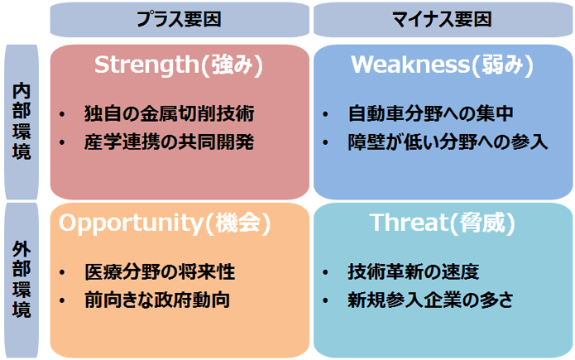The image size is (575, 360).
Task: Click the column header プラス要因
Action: point(179,19)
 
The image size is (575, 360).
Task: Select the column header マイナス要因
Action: point(442,19)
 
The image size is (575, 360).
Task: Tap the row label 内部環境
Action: point(22,122)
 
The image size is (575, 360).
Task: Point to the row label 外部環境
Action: point(22,280)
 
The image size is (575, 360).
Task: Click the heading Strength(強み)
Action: point(179,65)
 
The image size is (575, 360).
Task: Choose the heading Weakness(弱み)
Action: point(443,65)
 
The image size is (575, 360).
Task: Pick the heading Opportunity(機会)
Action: point(165,223)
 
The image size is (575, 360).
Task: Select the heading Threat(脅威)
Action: point(443,223)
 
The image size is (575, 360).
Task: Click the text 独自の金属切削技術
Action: point(169,113)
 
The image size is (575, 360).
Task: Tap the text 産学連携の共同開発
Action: point(169,142)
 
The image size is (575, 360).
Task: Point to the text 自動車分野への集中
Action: point(430,113)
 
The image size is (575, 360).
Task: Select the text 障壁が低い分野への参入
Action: point(448,142)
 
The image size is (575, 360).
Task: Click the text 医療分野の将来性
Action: point(160,272)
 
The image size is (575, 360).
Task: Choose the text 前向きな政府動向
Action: point(157,300)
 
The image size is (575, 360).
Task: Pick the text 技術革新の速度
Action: point(414,272)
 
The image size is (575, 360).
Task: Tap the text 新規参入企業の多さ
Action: point(430,300)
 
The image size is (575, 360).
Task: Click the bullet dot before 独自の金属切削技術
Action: point(62,114)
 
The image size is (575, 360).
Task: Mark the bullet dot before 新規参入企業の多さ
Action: point(325,301)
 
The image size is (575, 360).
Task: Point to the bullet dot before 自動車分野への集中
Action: point(325,114)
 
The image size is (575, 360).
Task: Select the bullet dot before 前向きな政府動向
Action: point(62,301)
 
